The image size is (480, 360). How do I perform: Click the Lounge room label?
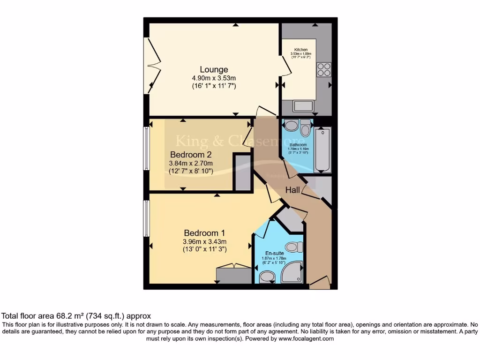[x=213, y=70]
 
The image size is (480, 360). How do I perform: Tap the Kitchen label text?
[x=301, y=50]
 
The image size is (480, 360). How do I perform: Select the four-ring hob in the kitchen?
[x=323, y=69]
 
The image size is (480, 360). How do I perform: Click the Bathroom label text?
[x=298, y=145]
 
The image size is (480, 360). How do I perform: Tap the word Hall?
[x=294, y=190]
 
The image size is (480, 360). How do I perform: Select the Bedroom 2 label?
[x=191, y=155]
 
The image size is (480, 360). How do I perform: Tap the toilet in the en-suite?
[x=294, y=246]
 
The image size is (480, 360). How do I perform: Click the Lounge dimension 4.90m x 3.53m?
[x=213, y=78]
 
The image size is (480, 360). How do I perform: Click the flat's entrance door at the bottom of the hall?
[x=320, y=283]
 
